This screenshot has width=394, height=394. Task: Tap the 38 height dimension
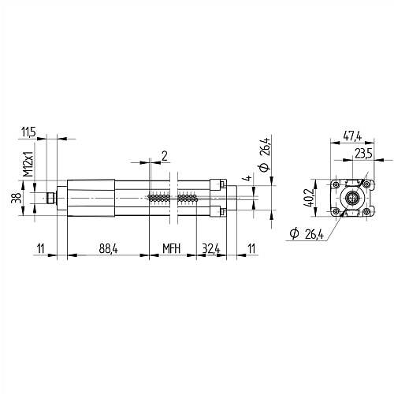[x=15, y=199]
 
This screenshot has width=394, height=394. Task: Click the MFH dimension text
[x=172, y=248]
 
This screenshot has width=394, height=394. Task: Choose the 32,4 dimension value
[x=210, y=248]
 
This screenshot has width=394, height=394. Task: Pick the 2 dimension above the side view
[x=163, y=155]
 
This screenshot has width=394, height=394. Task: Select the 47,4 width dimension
[x=352, y=136]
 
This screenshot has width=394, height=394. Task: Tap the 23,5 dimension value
[x=363, y=153]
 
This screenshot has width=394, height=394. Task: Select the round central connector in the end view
[x=353, y=198]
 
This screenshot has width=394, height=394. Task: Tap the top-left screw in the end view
[x=336, y=184]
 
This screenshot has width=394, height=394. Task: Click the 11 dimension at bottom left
[x=40, y=248]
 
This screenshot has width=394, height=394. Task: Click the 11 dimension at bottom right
[x=251, y=248]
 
